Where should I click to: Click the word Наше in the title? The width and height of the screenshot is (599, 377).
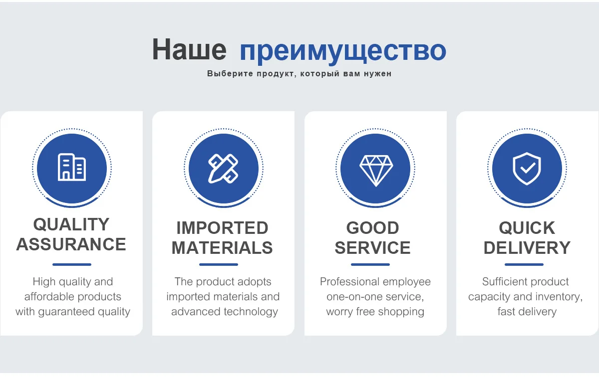[x=189, y=49]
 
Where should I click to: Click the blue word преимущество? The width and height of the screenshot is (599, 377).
[x=343, y=52]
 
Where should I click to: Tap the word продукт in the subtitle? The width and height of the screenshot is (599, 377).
[x=276, y=74]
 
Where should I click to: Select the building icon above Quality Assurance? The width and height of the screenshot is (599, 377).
[x=72, y=167]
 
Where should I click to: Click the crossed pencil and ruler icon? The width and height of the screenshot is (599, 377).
[x=223, y=169]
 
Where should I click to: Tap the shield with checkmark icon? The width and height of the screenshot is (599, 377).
[x=527, y=169]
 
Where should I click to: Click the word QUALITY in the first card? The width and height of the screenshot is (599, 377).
[x=71, y=224]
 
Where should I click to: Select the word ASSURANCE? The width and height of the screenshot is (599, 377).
[x=71, y=244]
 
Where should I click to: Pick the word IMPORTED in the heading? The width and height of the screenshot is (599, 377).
[x=222, y=228]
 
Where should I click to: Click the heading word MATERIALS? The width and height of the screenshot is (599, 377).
[x=222, y=248]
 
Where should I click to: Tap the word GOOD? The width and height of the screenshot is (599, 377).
[x=373, y=228]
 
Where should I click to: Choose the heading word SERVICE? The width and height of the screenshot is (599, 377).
[x=373, y=248]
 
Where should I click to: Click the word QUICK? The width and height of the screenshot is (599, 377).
[x=527, y=228]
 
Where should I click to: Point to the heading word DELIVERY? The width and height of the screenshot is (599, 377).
[x=527, y=248]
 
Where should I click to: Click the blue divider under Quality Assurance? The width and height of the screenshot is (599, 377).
[x=72, y=264]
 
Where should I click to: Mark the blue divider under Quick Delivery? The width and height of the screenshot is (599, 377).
[x=524, y=264]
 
